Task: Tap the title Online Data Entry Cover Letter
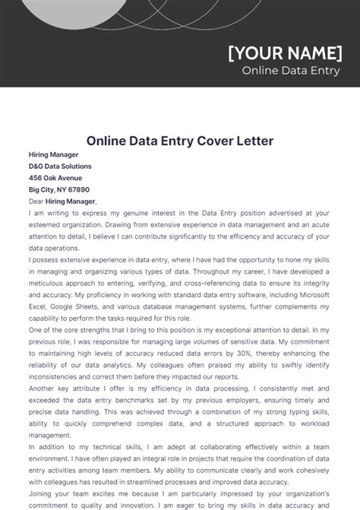tap(180, 141)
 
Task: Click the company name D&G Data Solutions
tap(60, 166)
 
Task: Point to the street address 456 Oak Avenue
tap(55, 178)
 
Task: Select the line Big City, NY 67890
tap(59, 189)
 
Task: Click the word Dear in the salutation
tap(37, 201)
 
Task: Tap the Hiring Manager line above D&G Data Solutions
tap(53, 154)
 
